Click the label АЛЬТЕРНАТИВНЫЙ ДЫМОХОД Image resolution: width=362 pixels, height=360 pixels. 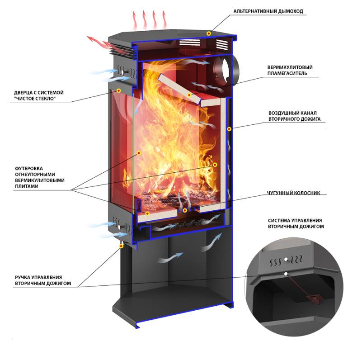pyautogui.click(x=268, y=11)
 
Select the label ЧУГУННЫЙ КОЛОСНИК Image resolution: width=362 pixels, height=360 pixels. pyautogui.click(x=293, y=193)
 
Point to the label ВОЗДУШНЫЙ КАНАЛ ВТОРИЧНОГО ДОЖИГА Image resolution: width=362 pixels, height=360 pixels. pyautogui.click(x=294, y=116)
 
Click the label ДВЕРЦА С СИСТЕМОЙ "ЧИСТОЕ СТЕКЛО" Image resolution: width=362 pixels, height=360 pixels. pyautogui.click(x=39, y=95)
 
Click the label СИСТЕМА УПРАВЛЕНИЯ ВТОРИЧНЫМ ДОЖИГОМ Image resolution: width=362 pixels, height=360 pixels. pyautogui.click(x=296, y=223)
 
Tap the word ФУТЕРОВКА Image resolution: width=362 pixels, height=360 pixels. pyautogui.click(x=29, y=168)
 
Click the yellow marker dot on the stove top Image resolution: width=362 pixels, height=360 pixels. pyautogui.click(x=209, y=33)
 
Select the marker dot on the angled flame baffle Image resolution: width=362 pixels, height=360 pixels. pyautogui.click(x=189, y=95)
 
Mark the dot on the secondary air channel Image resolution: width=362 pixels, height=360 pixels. pyautogui.click(x=229, y=129)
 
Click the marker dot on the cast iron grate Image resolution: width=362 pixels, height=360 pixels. pyautogui.click(x=185, y=210)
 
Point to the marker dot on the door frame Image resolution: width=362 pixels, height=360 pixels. pyautogui.click(x=119, y=90)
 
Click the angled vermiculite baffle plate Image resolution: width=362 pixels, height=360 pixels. pyautogui.click(x=179, y=89)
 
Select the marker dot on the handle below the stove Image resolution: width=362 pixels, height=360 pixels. pyautogui.click(x=121, y=246)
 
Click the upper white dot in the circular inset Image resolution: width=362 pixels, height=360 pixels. pyautogui.click(x=286, y=259)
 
